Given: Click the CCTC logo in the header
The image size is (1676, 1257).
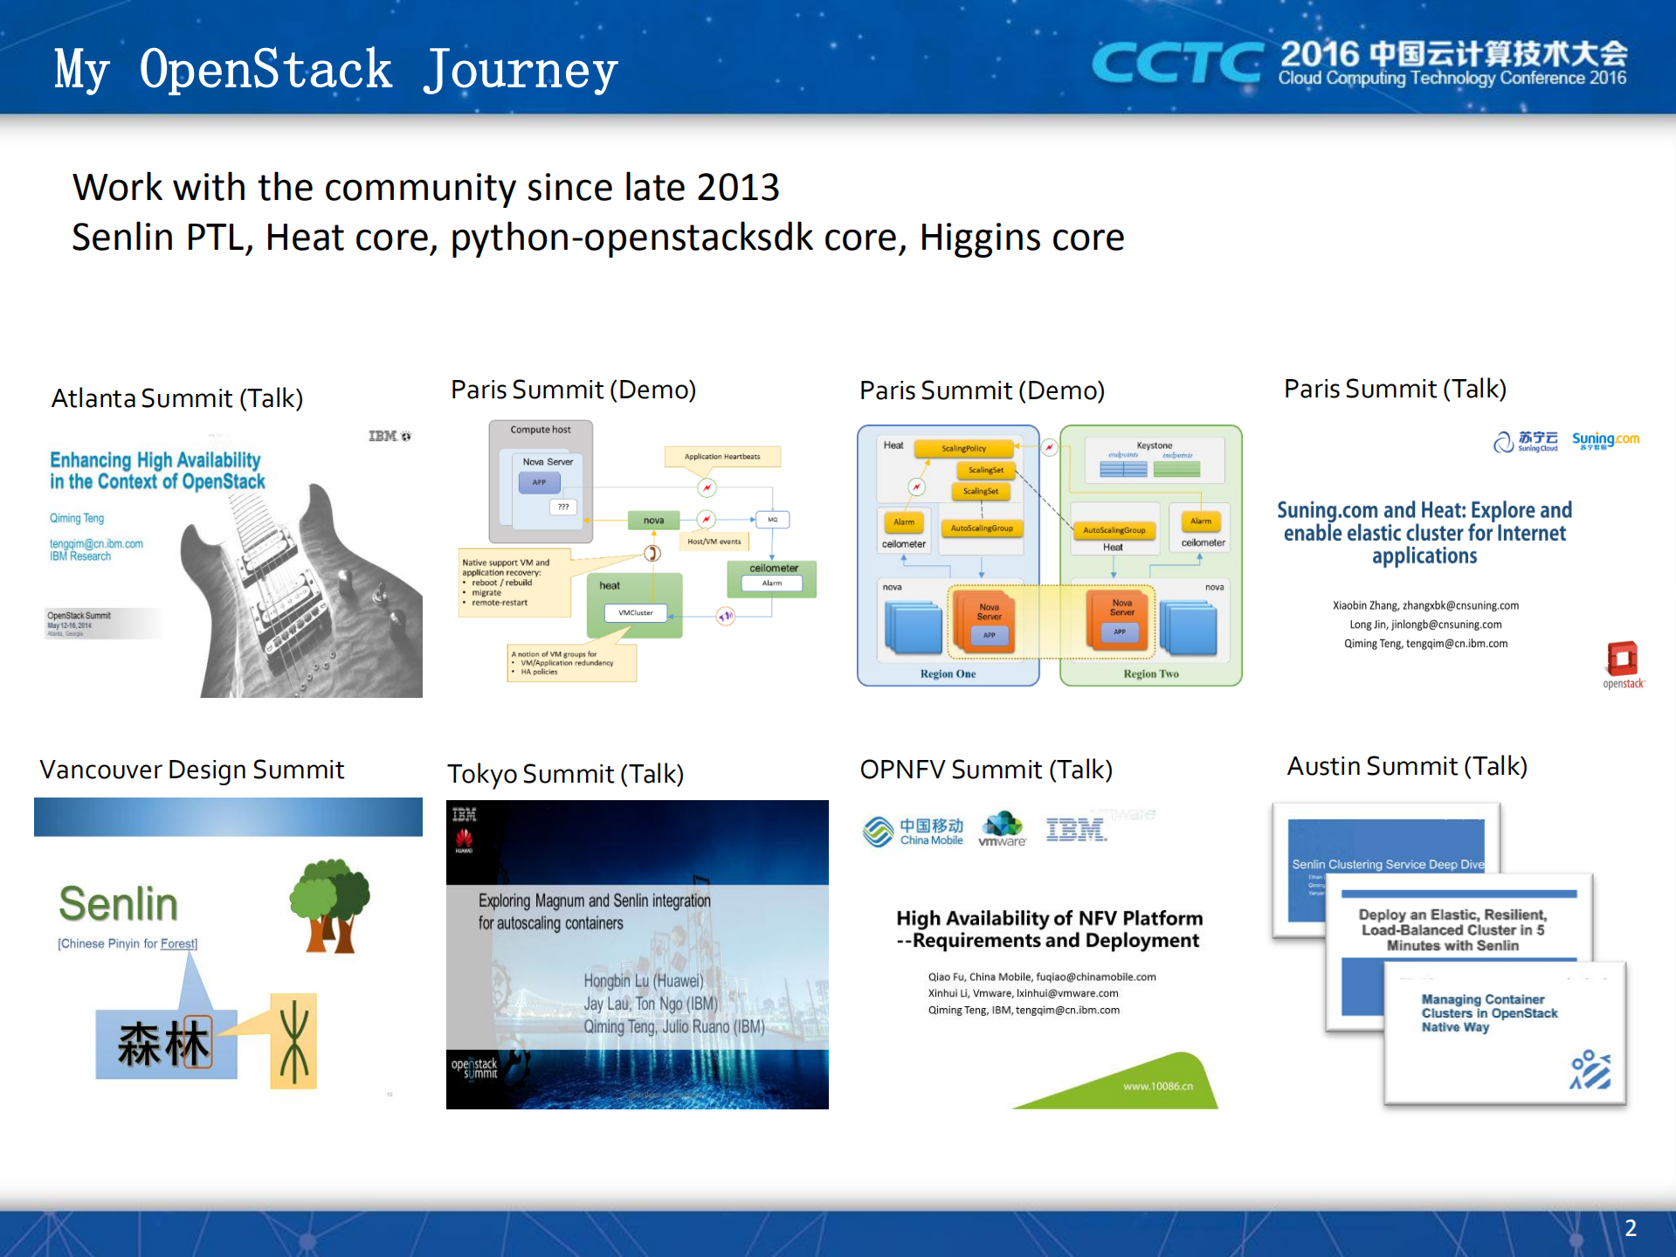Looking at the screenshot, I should point(1176,63).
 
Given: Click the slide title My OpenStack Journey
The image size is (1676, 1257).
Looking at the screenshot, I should point(335,70).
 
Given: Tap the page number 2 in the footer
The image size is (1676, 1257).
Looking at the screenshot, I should point(1630,1228).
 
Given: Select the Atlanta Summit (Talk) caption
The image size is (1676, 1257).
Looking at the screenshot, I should point(177,398).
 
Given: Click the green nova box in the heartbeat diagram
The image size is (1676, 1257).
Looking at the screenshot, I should point(653,521).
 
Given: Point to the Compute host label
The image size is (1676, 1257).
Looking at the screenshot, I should point(540,430).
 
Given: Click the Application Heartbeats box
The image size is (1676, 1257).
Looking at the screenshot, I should point(721,456).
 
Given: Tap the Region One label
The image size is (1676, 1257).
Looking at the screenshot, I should point(948,673).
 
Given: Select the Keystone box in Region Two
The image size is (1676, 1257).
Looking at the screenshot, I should point(1154,459).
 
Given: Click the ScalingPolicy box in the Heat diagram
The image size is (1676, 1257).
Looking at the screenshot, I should point(963,448).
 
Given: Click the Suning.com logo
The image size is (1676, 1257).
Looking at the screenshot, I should point(1605,440).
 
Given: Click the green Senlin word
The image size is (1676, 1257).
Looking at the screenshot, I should point(118,903).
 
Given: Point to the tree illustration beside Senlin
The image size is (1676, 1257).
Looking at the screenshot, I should point(330,905).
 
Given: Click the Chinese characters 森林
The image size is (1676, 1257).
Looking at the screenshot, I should point(164,1043).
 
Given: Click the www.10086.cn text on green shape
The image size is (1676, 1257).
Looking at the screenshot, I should point(1157,1086).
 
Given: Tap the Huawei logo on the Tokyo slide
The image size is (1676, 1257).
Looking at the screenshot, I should point(464,841).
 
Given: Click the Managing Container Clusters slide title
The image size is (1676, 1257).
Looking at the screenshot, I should point(1488,1013).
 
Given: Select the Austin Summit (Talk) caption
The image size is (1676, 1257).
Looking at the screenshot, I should point(1406,766).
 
